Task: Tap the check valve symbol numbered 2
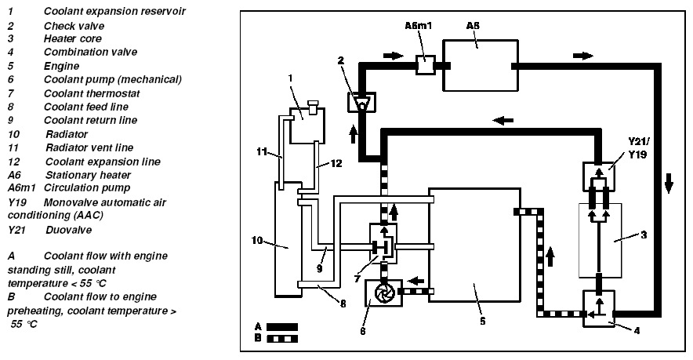coord(361,102)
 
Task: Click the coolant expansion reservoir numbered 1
coord(303,125)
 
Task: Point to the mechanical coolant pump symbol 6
coord(383,293)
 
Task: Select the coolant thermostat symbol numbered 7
coord(383,246)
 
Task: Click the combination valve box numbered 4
coord(598,308)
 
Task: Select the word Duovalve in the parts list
coord(67,231)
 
